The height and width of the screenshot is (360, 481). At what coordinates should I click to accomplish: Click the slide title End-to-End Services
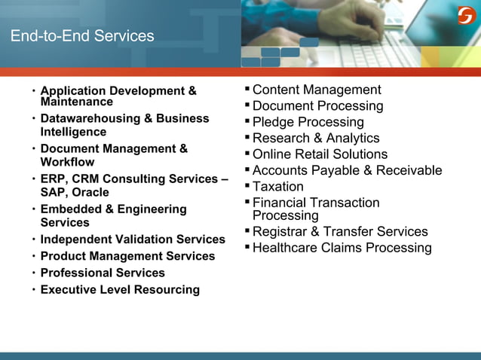[81, 36]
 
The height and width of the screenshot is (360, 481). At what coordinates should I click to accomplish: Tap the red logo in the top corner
[466, 15]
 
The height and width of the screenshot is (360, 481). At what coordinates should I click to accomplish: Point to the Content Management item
[317, 90]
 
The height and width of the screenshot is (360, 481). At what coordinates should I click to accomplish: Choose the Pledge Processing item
[308, 122]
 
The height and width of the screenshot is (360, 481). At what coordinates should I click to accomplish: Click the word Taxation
[278, 186]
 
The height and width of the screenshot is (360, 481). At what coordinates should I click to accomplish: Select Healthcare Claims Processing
[342, 248]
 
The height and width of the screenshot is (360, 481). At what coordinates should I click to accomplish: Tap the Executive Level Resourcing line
[120, 289]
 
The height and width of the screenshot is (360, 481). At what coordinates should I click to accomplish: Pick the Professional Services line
[103, 273]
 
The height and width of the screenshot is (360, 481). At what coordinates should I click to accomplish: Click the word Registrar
[281, 231]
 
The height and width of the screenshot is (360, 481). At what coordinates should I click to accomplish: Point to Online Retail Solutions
[320, 154]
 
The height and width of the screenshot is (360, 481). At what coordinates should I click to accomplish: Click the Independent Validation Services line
[133, 239]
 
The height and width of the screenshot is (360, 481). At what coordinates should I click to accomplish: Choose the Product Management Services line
[127, 256]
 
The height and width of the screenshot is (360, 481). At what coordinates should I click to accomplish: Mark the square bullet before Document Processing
[247, 105]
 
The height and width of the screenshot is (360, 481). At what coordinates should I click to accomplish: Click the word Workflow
[67, 162]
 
